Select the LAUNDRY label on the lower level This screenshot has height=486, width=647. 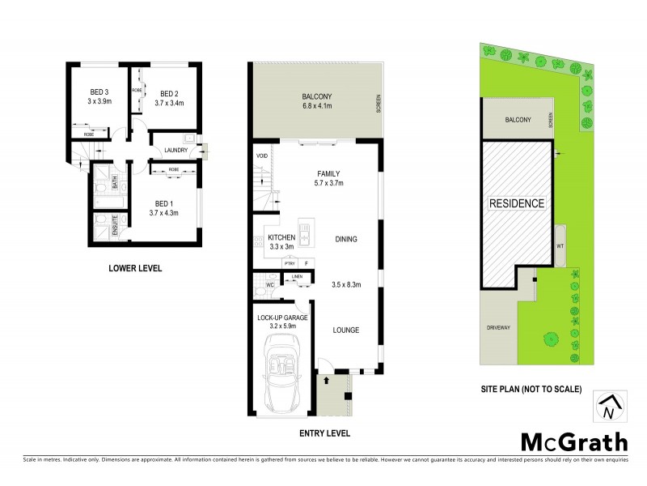175,150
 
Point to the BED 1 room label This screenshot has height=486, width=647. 163,202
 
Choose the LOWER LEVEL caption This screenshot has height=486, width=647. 135,267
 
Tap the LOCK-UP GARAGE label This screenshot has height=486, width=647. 282,318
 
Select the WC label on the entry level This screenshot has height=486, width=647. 269,284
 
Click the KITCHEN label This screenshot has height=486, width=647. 282,237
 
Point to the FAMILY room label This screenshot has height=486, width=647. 328,173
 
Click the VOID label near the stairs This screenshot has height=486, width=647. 261,156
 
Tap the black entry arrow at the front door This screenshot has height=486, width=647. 326,377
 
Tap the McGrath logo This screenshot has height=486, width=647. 573,441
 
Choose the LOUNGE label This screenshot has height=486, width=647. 345,330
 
